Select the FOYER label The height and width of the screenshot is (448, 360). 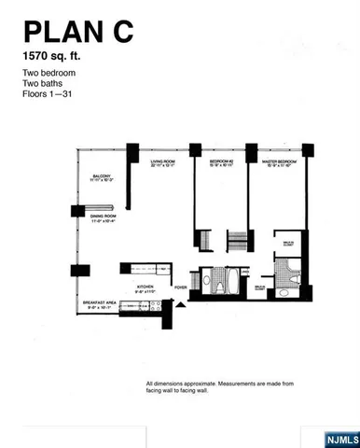(x=181, y=287)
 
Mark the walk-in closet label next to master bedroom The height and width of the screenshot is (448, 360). (x=288, y=244)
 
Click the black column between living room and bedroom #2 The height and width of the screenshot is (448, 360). (x=193, y=149)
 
